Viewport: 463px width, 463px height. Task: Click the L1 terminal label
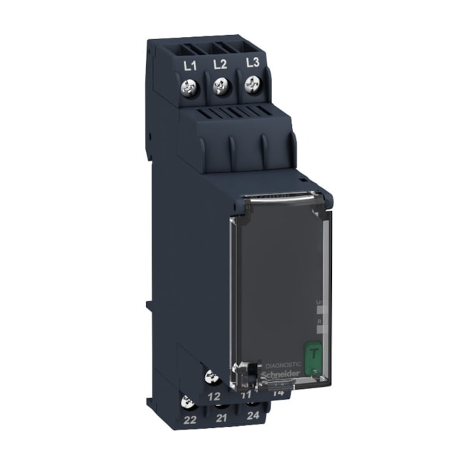tap(189, 68)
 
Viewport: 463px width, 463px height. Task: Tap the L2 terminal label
tap(220, 65)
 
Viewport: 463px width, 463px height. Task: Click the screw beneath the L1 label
tap(190, 90)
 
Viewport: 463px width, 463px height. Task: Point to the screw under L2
tap(221, 88)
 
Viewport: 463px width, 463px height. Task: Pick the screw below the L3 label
tap(251, 85)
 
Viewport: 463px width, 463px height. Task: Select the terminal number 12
tap(213, 395)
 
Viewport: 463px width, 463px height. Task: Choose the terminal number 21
tap(222, 418)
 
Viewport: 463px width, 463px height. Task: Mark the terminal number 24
tap(253, 415)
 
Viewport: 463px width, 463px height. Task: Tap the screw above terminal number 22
tap(189, 400)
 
